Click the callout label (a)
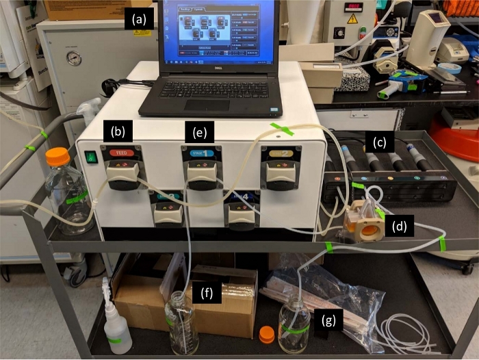(x=140, y=20)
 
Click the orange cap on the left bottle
(x=57, y=156)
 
